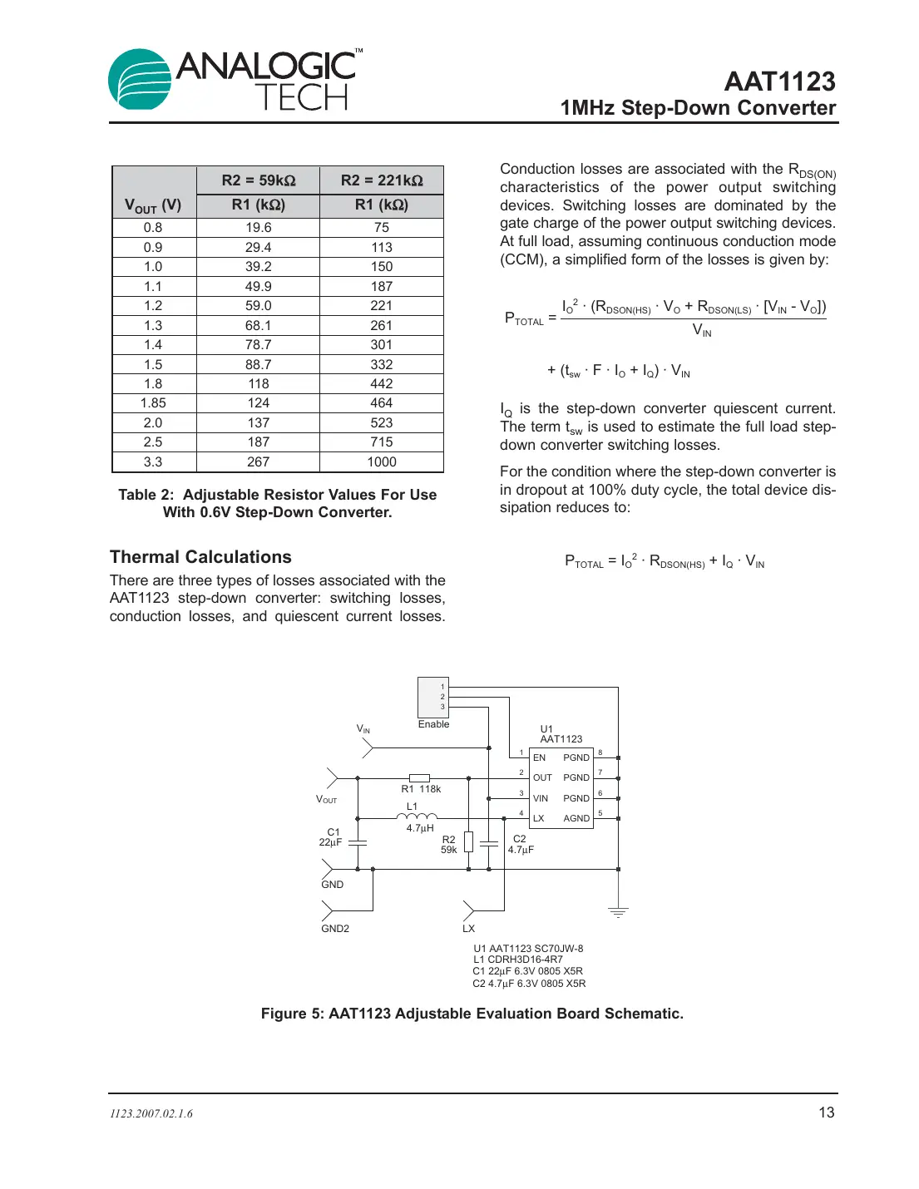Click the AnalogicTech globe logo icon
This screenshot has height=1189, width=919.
point(140,79)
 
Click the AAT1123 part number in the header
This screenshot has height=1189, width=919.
point(779,81)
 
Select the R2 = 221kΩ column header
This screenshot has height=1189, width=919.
point(382,180)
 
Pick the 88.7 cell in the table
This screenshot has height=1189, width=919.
point(258,364)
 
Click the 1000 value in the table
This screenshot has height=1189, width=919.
point(382,461)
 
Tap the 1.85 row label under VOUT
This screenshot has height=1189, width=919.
point(153,402)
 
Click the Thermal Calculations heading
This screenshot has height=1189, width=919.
point(200,557)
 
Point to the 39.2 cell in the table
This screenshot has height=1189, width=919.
point(258,266)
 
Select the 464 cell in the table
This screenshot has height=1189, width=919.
point(382,402)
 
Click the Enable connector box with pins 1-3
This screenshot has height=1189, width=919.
point(432,697)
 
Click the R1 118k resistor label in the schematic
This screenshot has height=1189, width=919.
point(421,789)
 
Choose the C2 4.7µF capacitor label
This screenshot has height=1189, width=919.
point(521,844)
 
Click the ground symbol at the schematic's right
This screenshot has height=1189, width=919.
point(618,912)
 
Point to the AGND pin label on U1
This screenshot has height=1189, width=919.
point(576,818)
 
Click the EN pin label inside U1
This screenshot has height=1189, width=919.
point(539,757)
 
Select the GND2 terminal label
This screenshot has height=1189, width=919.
point(335,929)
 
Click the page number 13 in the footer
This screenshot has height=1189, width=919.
point(826,1113)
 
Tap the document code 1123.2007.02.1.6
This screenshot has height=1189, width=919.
point(151,1114)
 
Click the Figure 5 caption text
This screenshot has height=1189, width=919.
point(472,1014)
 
